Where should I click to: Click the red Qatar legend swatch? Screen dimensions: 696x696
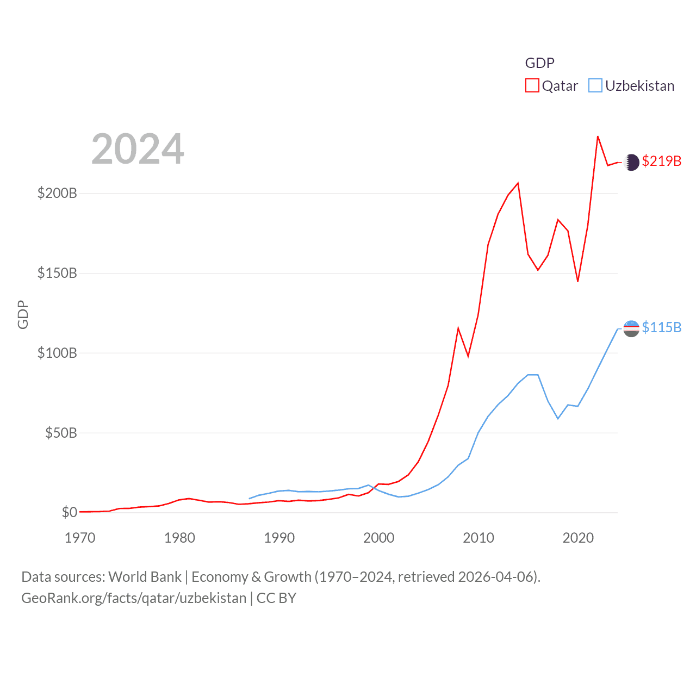tap(532, 86)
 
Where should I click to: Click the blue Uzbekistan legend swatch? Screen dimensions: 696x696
tap(595, 86)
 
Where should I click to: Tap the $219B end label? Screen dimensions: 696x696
tap(661, 161)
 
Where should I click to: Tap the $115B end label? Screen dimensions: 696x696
tap(661, 327)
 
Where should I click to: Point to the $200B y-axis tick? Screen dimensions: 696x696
tap(57, 194)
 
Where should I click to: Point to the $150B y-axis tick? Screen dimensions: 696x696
tap(57, 273)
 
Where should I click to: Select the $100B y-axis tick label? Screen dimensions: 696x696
tap(57, 353)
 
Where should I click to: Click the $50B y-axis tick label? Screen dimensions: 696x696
tap(61, 433)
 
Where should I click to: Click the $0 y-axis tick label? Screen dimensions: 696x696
tap(69, 512)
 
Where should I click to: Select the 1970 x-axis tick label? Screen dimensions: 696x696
tap(80, 538)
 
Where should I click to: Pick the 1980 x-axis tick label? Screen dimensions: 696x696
tap(179, 538)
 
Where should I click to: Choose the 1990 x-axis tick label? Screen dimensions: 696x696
tap(279, 538)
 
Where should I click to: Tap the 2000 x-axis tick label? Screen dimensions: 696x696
tap(378, 538)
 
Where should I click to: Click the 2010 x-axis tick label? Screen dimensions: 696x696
tap(478, 538)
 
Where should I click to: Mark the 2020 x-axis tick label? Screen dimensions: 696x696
tap(578, 538)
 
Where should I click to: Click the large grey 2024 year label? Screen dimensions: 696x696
tap(138, 149)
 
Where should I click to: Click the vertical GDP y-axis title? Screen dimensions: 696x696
tap(23, 314)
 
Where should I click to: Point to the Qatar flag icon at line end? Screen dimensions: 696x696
tap(631, 162)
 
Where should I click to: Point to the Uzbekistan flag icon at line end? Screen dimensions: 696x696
tap(631, 328)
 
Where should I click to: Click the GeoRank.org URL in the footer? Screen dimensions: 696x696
tap(134, 598)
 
